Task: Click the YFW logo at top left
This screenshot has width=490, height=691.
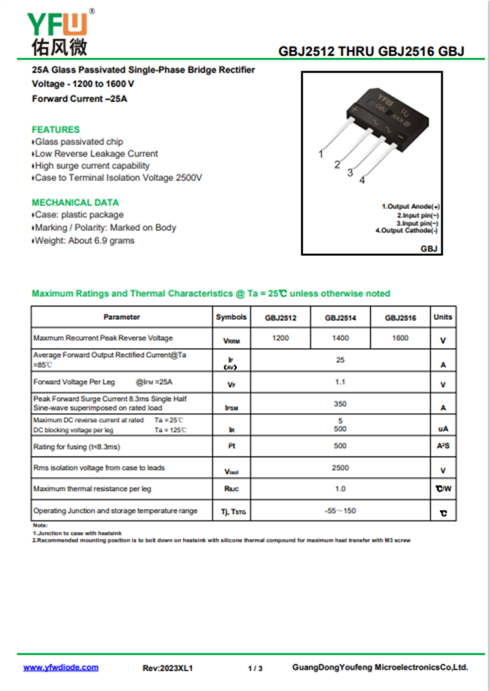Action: [x=58, y=34]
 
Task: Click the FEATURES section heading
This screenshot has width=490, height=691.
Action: [x=56, y=130]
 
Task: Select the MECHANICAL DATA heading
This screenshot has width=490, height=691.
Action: [x=75, y=203]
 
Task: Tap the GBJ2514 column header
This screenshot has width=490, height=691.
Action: [x=340, y=318]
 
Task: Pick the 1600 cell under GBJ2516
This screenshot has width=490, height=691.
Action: [x=400, y=338]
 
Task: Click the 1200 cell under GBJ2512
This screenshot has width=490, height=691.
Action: [x=281, y=338]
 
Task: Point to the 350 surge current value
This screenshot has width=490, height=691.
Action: [x=340, y=404]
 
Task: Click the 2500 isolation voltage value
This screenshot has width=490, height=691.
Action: [x=340, y=468]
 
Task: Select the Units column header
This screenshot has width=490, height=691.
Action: [x=443, y=317]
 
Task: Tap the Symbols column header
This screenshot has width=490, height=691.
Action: [x=232, y=317]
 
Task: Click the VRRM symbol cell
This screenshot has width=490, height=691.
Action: [x=232, y=341]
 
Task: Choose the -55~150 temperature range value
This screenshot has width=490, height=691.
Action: [x=340, y=510]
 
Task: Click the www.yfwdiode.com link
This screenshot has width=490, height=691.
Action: [x=61, y=668]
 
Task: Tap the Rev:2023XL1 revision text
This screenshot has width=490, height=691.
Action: [x=167, y=668]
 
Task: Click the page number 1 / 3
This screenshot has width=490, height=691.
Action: [x=255, y=668]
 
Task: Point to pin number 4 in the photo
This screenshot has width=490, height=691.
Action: [x=362, y=180]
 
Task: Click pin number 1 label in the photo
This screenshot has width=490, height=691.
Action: [x=321, y=154]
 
